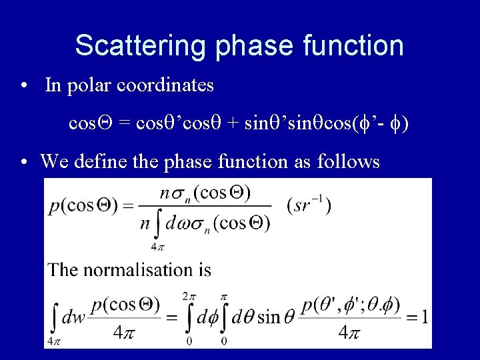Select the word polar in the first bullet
tap(88, 85)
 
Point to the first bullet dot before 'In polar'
tap(24, 86)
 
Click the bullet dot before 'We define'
tap(24, 162)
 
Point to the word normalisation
tap(141, 269)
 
